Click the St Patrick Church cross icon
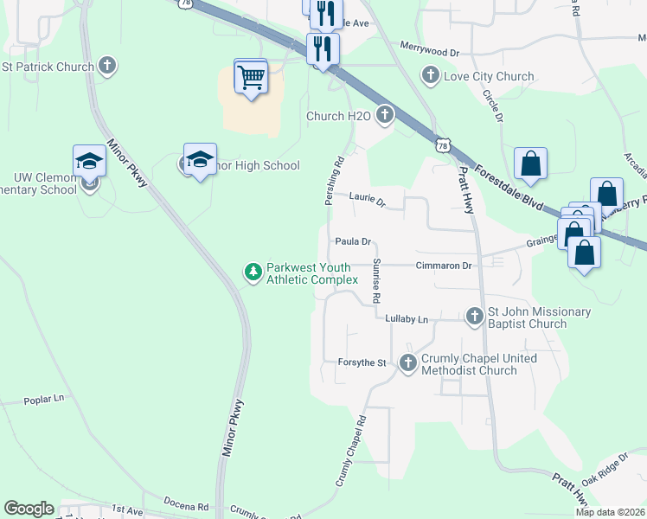pyautogui.click(x=106, y=66)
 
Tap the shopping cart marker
pyautogui.click(x=251, y=78)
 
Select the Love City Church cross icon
pyautogui.click(x=431, y=76)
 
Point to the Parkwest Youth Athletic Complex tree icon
pyautogui.click(x=253, y=273)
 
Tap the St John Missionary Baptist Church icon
pyautogui.click(x=474, y=317)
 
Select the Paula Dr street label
pyautogui.click(x=353, y=242)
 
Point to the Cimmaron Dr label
pyautogui.click(x=443, y=266)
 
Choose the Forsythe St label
pyautogui.click(x=362, y=363)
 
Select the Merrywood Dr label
pyautogui.click(x=430, y=53)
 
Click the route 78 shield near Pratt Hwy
pyautogui.click(x=443, y=146)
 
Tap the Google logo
pyautogui.click(x=29, y=509)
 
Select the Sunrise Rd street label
pyautogui.click(x=376, y=280)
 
